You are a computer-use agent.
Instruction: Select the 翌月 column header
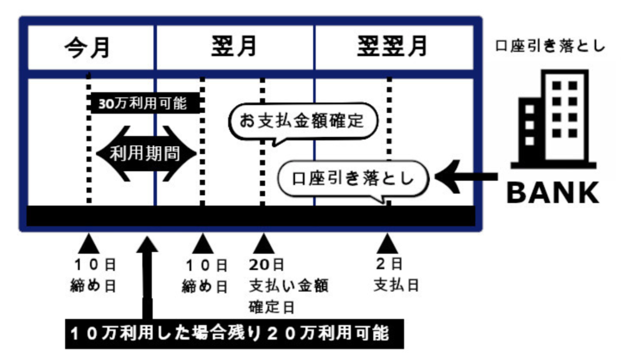234,47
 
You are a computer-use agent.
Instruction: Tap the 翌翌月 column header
393,47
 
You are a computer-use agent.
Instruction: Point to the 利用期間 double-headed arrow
146,153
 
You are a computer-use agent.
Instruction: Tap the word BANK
552,193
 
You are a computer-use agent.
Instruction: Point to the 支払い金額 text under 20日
288,286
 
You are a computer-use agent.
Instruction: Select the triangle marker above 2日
387,242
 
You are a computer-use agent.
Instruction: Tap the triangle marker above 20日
263,242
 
